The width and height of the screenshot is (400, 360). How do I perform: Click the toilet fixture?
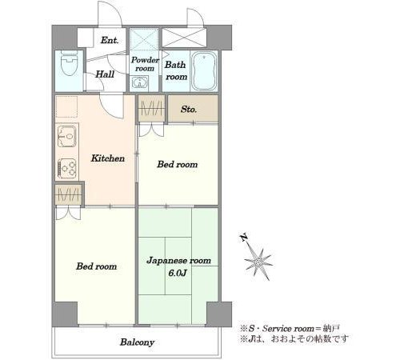point(69,64)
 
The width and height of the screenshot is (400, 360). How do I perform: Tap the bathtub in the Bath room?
point(204,71)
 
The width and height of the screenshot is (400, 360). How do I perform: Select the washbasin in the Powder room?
point(138,82)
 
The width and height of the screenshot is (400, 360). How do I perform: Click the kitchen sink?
point(67,137)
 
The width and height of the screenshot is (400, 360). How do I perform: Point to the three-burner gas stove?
point(67,168)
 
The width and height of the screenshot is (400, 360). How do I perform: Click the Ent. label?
point(110,41)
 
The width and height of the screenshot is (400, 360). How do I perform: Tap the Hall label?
point(105,74)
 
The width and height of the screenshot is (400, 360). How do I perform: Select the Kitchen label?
point(108,158)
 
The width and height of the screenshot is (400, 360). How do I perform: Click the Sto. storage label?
point(189,109)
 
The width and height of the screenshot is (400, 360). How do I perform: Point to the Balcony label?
point(137,342)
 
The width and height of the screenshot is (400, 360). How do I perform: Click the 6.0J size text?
point(177,273)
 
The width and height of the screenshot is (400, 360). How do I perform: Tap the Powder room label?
point(145,64)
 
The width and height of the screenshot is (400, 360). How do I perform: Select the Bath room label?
point(175,70)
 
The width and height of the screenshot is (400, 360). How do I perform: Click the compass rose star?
point(258,262)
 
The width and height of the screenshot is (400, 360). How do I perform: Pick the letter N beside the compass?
point(243,237)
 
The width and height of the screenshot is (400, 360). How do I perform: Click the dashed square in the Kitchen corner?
point(66,106)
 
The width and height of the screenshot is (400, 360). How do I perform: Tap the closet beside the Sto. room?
point(152,109)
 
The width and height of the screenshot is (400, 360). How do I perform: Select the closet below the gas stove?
point(69,194)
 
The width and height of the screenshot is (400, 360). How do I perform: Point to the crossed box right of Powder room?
point(184,38)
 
